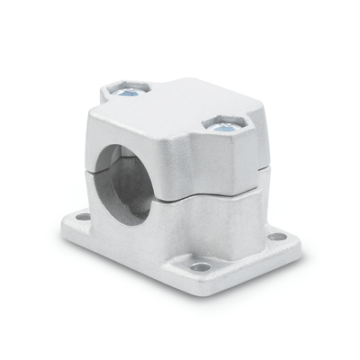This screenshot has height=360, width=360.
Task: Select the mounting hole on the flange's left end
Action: tap(82, 216)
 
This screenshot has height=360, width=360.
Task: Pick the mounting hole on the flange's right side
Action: tap(278, 237)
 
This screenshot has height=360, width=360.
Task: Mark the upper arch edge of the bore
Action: tap(131, 135)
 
